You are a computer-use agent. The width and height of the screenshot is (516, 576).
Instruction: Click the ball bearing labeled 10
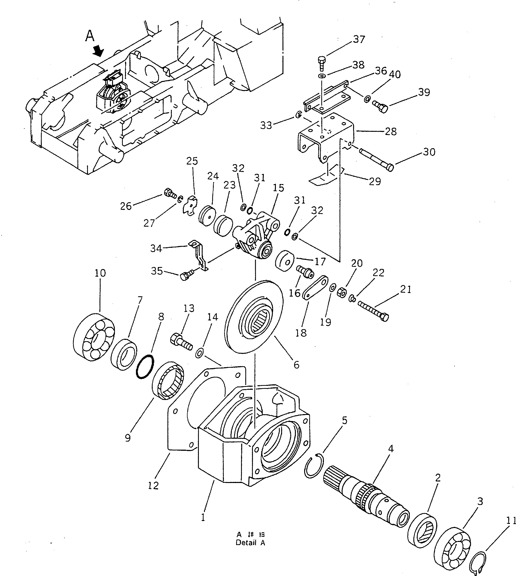coord(94,337)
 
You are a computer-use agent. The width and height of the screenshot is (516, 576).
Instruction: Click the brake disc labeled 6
coord(254,317)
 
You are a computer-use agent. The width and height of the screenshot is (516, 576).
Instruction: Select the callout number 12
coord(153,486)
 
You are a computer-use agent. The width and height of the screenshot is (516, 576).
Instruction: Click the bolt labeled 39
coord(380,107)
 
